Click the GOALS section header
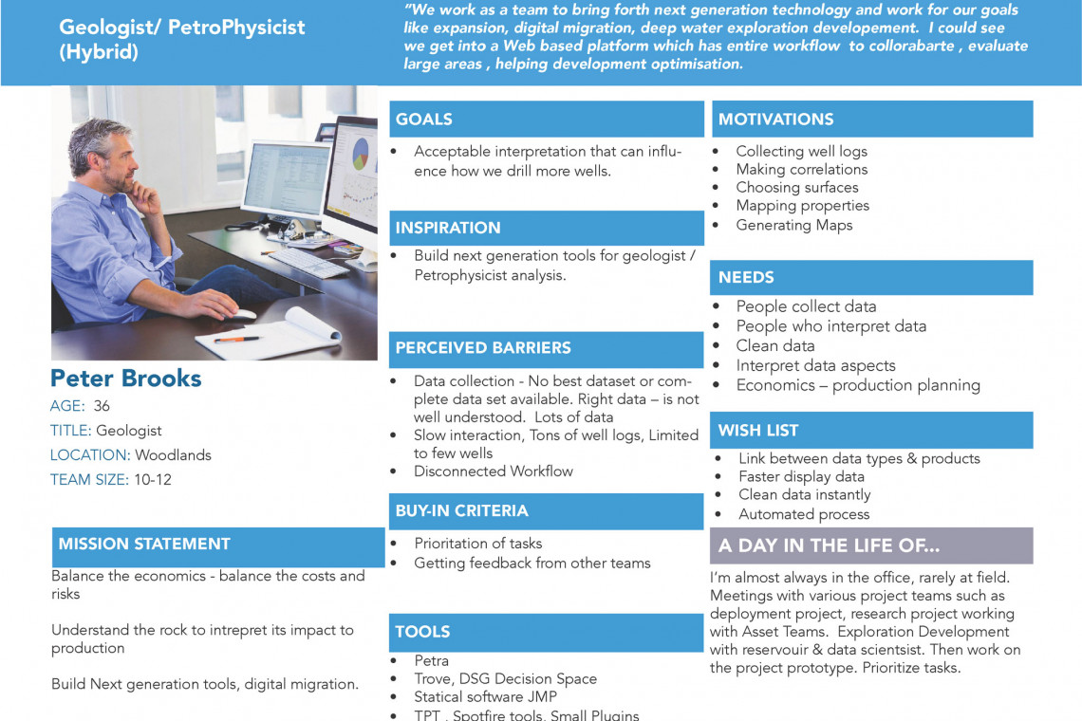coord(424,120)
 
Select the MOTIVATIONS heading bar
coord(775,120)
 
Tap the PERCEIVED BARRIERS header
coord(483,348)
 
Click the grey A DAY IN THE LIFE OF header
coord(829,545)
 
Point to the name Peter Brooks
coord(125,378)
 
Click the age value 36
coord(102,406)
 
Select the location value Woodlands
coord(173,455)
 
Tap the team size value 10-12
coord(152,480)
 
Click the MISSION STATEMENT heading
coord(144,544)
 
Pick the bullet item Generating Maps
coord(793,225)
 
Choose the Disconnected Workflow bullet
coord(493,471)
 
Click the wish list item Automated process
coord(803,514)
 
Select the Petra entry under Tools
coord(431,661)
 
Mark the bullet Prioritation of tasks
coord(477,544)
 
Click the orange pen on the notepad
coord(236,339)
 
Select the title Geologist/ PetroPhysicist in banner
coord(181,28)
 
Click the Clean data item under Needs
coord(774,345)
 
